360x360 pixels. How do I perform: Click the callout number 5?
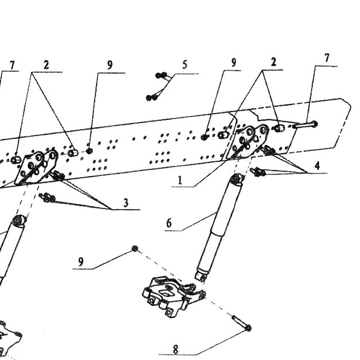point(184,65)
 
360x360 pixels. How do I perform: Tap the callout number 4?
point(317,165)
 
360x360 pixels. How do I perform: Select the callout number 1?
point(180,180)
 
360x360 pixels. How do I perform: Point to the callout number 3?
point(126,203)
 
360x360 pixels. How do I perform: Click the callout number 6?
point(169,223)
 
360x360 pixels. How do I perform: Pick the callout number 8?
point(175,350)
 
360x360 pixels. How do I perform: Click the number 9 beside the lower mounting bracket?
point(80,262)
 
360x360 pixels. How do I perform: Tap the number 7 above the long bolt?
point(327,58)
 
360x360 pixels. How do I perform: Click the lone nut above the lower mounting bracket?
point(135,249)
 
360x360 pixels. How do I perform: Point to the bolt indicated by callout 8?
point(241,323)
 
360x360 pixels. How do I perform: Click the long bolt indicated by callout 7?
point(305,125)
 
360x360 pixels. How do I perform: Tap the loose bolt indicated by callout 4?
point(258,172)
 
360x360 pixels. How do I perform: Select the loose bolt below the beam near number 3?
point(47,197)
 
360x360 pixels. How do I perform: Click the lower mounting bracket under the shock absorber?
point(174,296)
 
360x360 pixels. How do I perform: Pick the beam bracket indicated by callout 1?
point(247,142)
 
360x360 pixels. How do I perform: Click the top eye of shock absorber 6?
point(237,179)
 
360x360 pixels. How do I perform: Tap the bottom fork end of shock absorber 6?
point(200,276)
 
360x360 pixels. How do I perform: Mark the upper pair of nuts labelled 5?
point(161,75)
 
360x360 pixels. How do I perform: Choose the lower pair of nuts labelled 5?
point(152,98)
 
